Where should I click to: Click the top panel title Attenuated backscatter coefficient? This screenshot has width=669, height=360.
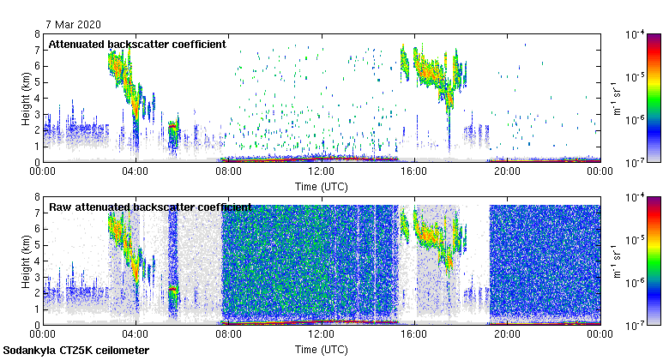click(x=137, y=44)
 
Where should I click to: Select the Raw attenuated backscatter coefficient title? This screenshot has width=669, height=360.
click(x=150, y=207)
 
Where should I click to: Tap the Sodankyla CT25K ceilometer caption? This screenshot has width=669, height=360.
click(x=75, y=351)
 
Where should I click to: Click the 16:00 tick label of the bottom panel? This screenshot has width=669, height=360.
click(x=414, y=333)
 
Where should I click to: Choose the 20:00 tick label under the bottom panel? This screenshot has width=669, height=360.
click(x=507, y=333)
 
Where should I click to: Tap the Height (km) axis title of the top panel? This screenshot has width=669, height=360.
click(x=27, y=98)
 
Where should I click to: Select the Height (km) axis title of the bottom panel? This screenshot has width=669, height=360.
click(x=27, y=261)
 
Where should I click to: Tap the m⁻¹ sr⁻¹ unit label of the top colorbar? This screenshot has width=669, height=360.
click(x=614, y=98)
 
